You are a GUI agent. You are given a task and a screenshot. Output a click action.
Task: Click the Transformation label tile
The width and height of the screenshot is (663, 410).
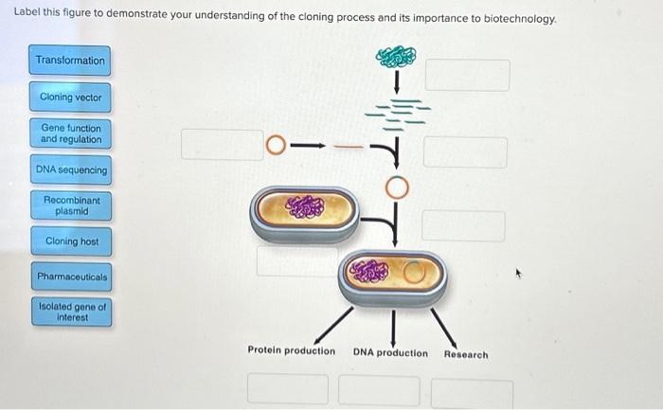click(70, 61)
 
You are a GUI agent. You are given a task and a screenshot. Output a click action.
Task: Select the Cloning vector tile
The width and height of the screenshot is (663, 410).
click(70, 98)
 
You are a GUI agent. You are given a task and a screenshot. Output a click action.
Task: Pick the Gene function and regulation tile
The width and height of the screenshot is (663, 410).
click(70, 134)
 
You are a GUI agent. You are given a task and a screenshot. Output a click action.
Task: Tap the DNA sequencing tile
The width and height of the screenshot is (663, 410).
click(70, 169)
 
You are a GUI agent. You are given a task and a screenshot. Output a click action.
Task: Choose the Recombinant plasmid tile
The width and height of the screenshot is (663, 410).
click(70, 205)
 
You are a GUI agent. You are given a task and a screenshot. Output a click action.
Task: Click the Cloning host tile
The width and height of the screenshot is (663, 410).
click(70, 241)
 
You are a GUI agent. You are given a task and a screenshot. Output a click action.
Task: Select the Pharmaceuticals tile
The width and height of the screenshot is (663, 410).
click(70, 277)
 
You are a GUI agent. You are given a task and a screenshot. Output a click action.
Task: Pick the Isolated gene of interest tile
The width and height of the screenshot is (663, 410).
click(70, 312)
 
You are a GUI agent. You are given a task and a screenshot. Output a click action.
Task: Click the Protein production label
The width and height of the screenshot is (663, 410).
click(291, 350)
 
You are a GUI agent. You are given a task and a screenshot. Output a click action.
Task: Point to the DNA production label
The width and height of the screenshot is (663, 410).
click(389, 353)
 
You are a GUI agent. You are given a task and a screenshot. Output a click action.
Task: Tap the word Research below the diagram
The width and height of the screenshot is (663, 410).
click(466, 355)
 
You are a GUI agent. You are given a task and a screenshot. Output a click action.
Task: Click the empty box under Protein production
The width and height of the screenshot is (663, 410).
click(289, 389)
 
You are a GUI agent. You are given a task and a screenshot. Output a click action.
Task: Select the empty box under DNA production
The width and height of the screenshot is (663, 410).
click(379, 390)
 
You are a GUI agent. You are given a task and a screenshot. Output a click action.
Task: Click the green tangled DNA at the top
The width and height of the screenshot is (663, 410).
click(396, 57)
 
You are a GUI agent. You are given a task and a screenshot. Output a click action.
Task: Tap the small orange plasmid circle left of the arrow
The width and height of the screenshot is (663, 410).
click(275, 146)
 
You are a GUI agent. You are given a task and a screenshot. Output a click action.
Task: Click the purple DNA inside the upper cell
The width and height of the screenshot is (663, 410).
click(304, 205)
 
